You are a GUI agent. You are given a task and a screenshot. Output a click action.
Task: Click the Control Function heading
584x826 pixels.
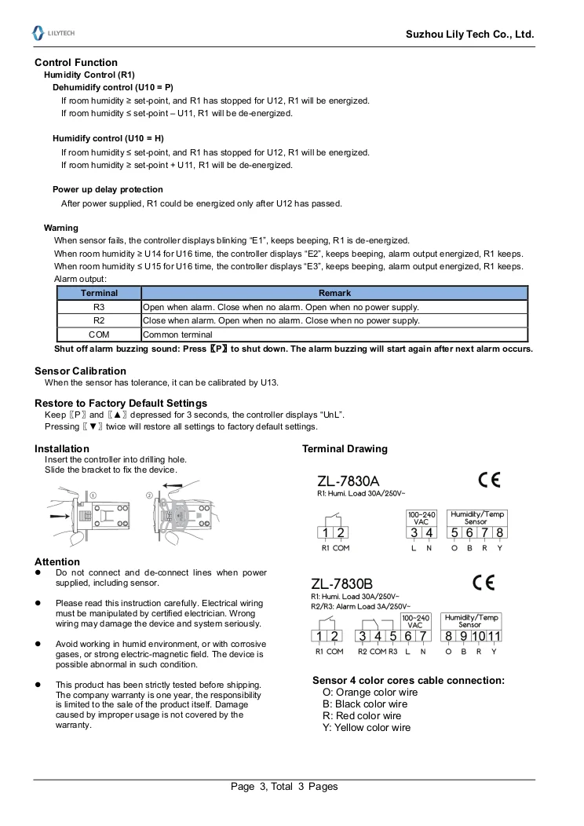(76, 62)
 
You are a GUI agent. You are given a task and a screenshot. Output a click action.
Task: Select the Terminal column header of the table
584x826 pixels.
(99, 293)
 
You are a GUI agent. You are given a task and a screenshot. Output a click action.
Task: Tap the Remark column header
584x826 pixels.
(334, 293)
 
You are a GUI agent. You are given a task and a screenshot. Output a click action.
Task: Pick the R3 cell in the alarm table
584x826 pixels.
(99, 307)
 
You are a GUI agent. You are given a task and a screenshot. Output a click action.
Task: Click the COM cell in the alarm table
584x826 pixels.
(99, 334)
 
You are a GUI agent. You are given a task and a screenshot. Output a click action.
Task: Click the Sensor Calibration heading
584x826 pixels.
(80, 371)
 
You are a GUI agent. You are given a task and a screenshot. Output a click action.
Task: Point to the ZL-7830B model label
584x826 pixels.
(341, 584)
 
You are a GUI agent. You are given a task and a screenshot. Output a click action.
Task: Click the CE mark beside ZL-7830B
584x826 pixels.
(484, 583)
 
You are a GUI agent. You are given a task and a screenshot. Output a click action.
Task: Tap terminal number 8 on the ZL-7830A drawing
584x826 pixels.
(498, 533)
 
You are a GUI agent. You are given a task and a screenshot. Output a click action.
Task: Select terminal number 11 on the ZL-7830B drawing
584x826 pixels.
(494, 636)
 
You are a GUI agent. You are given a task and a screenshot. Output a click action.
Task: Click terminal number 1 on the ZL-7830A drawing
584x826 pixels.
(326, 533)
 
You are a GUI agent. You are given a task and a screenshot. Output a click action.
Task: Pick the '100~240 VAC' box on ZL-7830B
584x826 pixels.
(416, 622)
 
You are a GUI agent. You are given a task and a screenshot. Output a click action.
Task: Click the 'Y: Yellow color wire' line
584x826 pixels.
(367, 728)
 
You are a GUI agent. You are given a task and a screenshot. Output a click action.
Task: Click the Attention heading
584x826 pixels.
(57, 561)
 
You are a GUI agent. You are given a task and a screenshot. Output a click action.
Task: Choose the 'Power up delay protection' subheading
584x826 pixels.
(108, 189)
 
